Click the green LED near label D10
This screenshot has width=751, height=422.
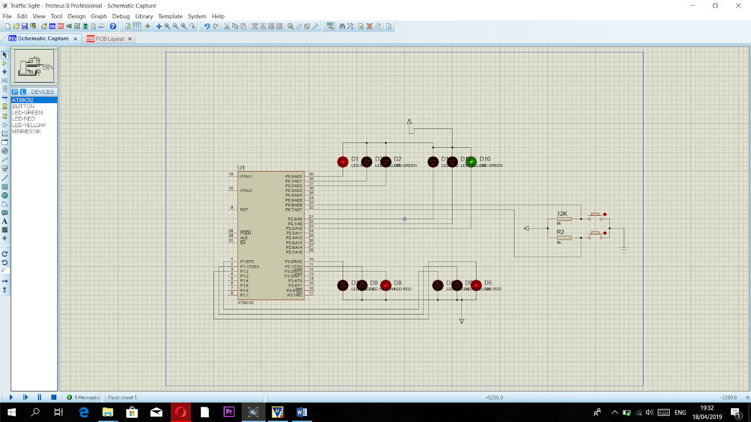tap(471, 162)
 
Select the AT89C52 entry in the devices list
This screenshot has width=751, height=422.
tap(23, 100)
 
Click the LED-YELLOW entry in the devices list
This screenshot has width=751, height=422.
tap(29, 125)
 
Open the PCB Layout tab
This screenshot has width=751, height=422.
tap(109, 39)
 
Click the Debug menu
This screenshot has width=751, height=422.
tap(121, 16)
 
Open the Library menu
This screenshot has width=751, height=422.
tap(144, 16)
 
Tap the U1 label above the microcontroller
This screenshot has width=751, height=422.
tap(241, 168)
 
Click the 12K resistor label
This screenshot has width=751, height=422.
tap(562, 213)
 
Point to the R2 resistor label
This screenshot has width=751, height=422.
tap(560, 232)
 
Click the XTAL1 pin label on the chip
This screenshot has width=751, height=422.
tap(246, 176)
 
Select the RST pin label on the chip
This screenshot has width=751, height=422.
tap(244, 210)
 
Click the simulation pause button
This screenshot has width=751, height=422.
tap(39, 397)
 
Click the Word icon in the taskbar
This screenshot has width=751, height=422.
tap(301, 412)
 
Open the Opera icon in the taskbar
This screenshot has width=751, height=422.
tap(181, 412)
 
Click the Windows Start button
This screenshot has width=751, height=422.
tap(12, 412)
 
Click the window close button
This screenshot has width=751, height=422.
tap(738, 6)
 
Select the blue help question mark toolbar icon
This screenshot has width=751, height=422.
tap(113, 26)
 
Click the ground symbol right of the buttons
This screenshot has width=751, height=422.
tap(624, 249)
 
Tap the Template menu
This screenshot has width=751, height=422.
tap(170, 16)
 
